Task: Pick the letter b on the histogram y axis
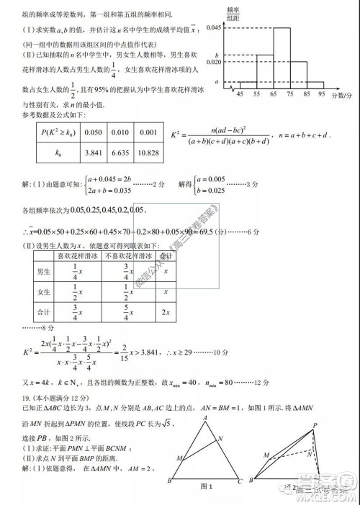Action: tap(217, 55)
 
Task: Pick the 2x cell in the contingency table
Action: tap(166, 312)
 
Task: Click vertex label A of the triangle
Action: tap(205, 417)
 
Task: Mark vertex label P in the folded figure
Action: tap(315, 424)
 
